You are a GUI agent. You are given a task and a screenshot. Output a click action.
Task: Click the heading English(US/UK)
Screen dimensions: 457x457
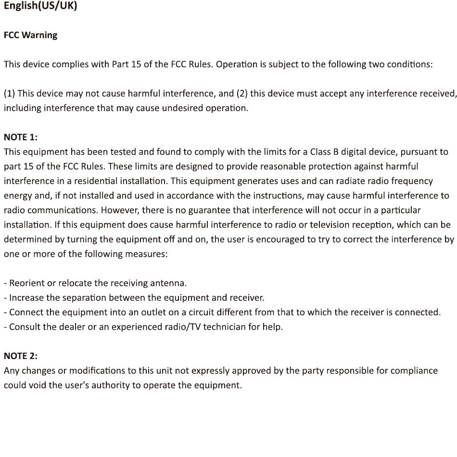40,7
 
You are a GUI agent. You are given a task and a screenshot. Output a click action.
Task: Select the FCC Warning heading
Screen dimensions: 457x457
30,35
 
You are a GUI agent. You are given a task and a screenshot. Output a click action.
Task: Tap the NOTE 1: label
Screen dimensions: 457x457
20,137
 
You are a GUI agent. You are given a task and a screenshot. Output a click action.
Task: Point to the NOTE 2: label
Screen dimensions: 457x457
20,356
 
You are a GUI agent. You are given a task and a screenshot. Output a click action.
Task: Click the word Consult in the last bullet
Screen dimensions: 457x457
25,327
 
